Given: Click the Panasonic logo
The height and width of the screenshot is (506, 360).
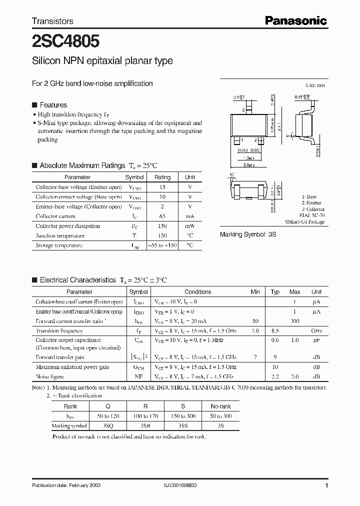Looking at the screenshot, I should [295, 20].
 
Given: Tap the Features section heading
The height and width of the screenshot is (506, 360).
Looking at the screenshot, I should [53, 105].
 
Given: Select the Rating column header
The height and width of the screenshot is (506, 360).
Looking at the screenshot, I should [162, 177].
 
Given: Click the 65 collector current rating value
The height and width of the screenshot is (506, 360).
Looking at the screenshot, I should [162, 216].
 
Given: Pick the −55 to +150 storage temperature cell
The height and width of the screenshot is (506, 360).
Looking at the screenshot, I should [162, 245].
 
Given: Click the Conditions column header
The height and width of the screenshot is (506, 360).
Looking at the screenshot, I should [197, 292].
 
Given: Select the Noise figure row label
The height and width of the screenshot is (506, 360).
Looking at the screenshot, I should [50, 376].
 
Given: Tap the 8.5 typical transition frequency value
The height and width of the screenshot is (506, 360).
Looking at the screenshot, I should [275, 331].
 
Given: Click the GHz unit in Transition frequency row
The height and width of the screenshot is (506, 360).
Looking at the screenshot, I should [316, 331].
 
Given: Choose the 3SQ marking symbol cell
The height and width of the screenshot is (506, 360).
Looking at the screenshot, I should [108, 426].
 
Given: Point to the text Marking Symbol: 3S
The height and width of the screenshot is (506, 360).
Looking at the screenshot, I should [248, 234].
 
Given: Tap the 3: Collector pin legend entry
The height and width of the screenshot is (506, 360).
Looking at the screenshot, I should [313, 209].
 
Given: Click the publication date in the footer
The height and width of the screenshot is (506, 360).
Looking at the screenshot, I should [63, 485].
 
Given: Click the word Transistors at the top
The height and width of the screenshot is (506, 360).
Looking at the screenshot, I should [52, 21].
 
